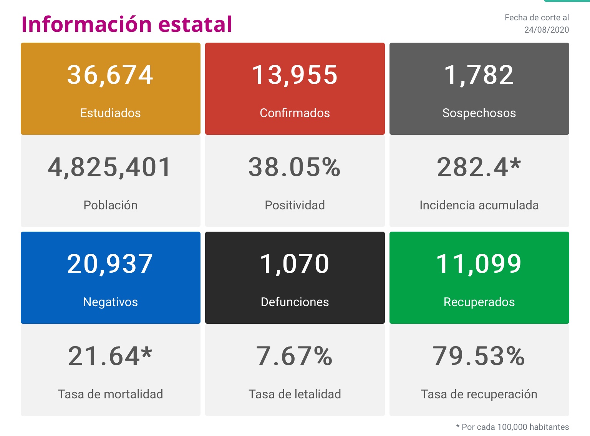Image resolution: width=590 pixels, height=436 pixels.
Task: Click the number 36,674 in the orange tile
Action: click(110, 75)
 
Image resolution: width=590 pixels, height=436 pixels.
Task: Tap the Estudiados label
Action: click(110, 113)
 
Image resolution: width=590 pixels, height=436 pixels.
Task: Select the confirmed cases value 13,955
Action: click(295, 75)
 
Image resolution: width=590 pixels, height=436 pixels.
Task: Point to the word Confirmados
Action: click(295, 113)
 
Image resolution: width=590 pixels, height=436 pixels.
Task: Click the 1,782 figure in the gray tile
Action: click(479, 75)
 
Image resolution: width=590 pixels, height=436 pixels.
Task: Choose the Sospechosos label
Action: click(479, 113)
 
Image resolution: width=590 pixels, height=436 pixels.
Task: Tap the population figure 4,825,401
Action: click(110, 167)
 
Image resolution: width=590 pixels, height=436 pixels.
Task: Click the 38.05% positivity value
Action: click(295, 167)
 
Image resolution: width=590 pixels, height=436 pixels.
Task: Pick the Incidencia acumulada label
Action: click(479, 205)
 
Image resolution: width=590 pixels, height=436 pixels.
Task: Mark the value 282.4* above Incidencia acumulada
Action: click(479, 167)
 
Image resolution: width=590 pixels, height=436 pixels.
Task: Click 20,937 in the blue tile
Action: click(110, 264)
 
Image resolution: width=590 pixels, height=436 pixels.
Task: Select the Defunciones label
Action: click(295, 302)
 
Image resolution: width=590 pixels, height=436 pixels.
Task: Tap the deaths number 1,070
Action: click(295, 264)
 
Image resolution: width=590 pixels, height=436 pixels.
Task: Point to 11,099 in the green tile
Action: click(479, 264)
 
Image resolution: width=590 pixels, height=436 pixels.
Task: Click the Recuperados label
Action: click(479, 302)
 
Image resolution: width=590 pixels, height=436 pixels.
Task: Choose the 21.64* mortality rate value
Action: click(110, 356)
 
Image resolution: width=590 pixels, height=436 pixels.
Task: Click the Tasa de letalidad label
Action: click(295, 394)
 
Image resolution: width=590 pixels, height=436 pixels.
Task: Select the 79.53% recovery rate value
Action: click(479, 356)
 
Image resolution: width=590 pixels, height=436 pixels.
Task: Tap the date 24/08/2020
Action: click(546, 30)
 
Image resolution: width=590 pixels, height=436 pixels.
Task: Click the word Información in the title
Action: click(87, 24)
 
